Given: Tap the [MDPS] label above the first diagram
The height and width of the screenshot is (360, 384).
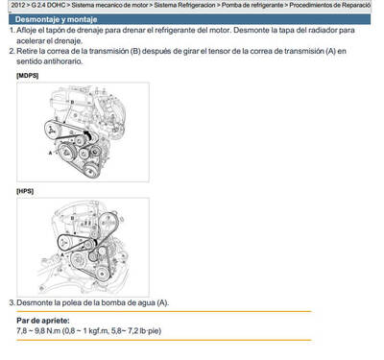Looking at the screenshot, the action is tap(27, 76).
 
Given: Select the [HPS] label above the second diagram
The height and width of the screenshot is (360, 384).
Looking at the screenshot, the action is tap(25, 191).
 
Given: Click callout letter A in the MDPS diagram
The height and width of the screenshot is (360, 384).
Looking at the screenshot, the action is tap(50, 153).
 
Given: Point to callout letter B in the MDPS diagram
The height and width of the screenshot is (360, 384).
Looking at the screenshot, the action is tap(72, 102).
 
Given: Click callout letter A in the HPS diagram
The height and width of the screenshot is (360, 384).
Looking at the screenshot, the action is tap(62, 255).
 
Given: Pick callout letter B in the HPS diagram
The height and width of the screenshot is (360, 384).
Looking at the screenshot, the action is tap(73, 218).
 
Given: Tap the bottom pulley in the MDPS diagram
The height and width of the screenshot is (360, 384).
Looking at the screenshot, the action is tap(91, 170).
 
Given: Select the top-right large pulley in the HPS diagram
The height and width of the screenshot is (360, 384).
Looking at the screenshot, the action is tap(108, 222).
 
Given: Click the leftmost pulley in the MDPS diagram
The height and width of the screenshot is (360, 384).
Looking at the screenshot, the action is tap(51, 130).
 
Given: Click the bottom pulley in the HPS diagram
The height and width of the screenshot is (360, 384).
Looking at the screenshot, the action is tap(102, 273).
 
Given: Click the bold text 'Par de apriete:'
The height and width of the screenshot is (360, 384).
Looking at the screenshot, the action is tap(43, 321).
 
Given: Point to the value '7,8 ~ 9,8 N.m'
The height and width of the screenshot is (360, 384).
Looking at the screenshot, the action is tap(38, 331).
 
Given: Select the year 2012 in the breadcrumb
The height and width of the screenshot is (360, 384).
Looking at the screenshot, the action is tap(18, 5).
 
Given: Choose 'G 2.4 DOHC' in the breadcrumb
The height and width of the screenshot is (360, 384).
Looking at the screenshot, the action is tap(48, 5).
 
